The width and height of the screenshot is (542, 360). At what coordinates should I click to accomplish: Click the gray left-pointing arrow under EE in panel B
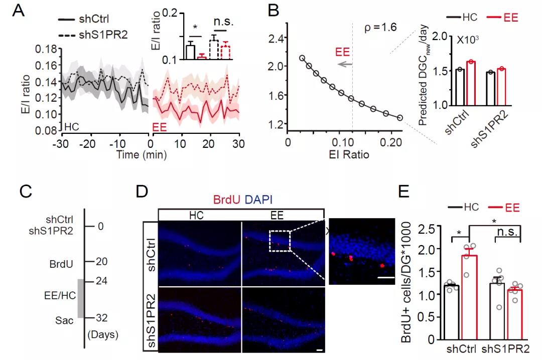click(344, 64)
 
